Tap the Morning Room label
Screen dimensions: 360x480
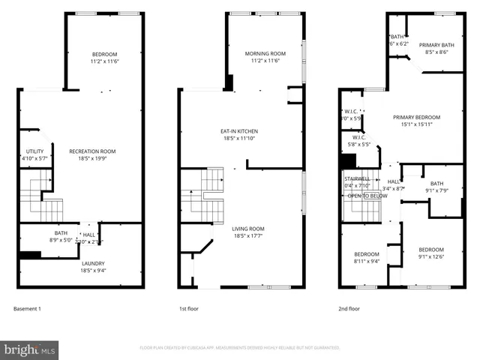point(265,53)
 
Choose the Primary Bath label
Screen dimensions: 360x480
point(436,45)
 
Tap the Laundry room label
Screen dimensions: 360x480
point(94,263)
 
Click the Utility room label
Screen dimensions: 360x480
point(34,151)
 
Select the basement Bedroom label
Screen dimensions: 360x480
point(105,54)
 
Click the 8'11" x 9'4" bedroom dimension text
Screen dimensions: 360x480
point(367,262)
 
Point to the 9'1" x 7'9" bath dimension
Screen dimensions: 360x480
point(436,190)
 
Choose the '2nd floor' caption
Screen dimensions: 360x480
point(349,308)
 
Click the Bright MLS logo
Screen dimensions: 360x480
point(30,349)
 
